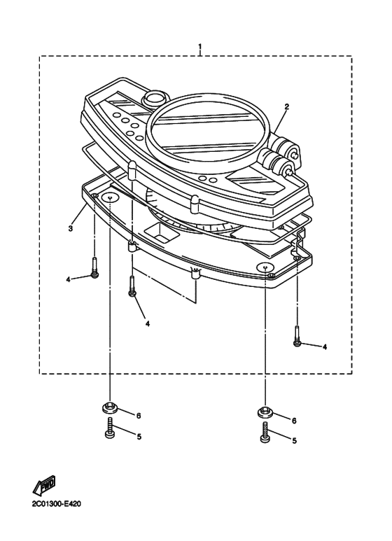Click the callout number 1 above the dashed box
tap(199, 47)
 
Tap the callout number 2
tap(286, 106)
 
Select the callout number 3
tap(71, 228)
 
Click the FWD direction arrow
tap(44, 486)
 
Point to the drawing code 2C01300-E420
tap(57, 504)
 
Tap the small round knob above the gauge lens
tap(155, 98)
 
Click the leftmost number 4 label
tap(69, 279)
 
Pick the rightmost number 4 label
tap(325, 346)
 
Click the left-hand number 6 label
tap(139, 416)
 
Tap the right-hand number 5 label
tap(294, 441)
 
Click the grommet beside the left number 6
tap(110, 407)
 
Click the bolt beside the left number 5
tap(110, 428)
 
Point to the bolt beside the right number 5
tap(265, 432)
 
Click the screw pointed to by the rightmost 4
tap(297, 336)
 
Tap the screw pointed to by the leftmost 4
tap(94, 267)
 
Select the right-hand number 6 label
tap(294, 421)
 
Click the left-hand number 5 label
tap(139, 437)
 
